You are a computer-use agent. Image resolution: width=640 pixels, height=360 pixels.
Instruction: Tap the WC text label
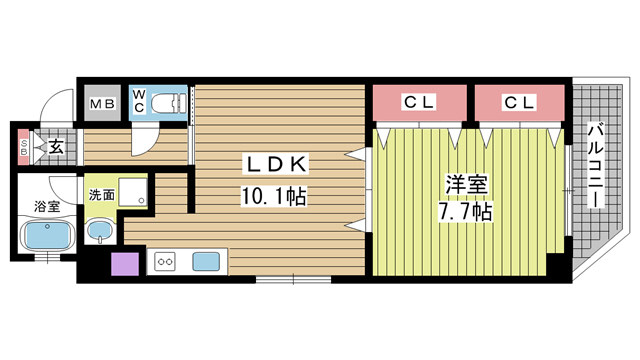tap(139, 100)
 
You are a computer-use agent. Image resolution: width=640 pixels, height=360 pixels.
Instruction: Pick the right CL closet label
tap(518, 101)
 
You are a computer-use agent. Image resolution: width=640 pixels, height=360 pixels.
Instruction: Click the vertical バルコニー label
tap(596, 165)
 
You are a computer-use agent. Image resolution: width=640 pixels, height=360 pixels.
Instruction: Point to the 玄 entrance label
tap(56, 147)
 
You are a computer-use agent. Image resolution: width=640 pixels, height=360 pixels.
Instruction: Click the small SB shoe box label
tap(24, 146)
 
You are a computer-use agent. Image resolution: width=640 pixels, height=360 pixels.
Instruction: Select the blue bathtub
tap(48, 238)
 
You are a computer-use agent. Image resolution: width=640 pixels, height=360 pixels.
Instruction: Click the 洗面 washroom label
tap(100, 196)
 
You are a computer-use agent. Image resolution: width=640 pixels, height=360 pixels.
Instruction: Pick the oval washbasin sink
tap(99, 232)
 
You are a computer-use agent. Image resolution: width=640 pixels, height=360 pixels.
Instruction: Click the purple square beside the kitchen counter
tap(125, 265)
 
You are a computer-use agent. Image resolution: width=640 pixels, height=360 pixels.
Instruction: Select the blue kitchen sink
tap(207, 262)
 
